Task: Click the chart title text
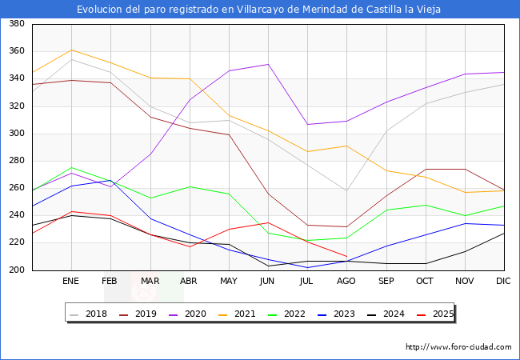point(259,10)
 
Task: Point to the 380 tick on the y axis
point(15,24)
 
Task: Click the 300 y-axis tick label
point(15,134)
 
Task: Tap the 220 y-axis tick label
point(15,243)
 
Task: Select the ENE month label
point(71,282)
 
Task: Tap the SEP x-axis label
point(386,282)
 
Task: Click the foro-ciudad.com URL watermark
point(458,347)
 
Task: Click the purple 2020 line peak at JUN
point(268,64)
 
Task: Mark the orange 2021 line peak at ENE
point(71,50)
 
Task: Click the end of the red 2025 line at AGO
point(346,256)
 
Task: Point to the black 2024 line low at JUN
point(268,266)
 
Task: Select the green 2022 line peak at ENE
point(71,168)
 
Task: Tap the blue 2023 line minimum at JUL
point(307,268)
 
